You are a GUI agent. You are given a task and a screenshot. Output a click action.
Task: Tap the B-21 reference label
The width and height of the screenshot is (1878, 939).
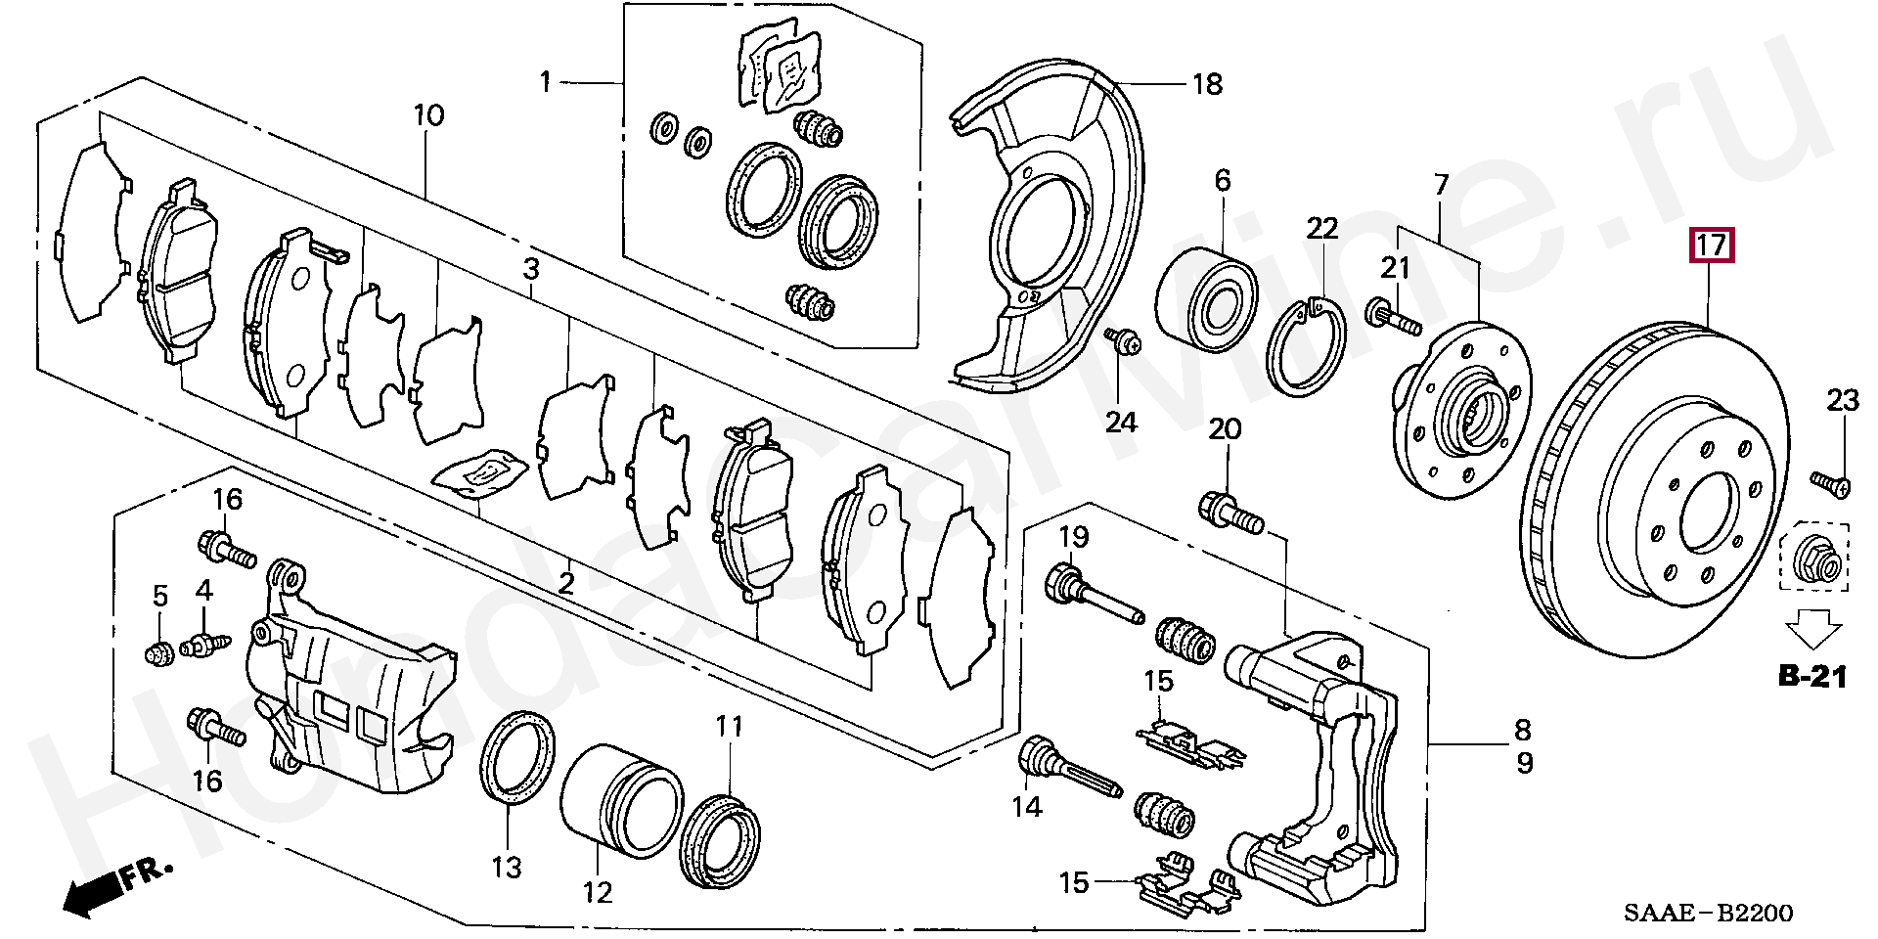tap(1811, 676)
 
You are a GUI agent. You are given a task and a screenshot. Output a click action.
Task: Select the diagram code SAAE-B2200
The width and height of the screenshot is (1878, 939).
tap(1708, 914)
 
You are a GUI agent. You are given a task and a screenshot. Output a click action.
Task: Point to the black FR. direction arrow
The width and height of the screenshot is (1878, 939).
tap(93, 893)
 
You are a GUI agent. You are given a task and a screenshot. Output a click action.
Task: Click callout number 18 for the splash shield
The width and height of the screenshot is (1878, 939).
tap(1208, 84)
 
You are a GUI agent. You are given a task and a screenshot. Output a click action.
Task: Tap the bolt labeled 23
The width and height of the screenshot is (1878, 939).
tap(1830, 482)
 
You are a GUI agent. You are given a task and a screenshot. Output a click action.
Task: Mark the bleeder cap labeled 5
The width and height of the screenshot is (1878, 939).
tap(158, 650)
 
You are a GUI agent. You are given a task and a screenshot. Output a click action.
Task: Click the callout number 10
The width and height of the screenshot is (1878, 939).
tap(428, 115)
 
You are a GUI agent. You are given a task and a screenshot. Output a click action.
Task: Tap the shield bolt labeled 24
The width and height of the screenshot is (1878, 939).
tap(1124, 342)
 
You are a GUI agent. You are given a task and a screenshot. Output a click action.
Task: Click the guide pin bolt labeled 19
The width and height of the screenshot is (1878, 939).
tap(1093, 593)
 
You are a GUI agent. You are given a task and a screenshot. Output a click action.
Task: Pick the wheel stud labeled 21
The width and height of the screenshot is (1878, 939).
tap(1393, 316)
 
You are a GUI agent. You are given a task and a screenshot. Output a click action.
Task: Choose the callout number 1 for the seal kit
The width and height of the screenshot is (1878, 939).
tap(546, 82)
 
